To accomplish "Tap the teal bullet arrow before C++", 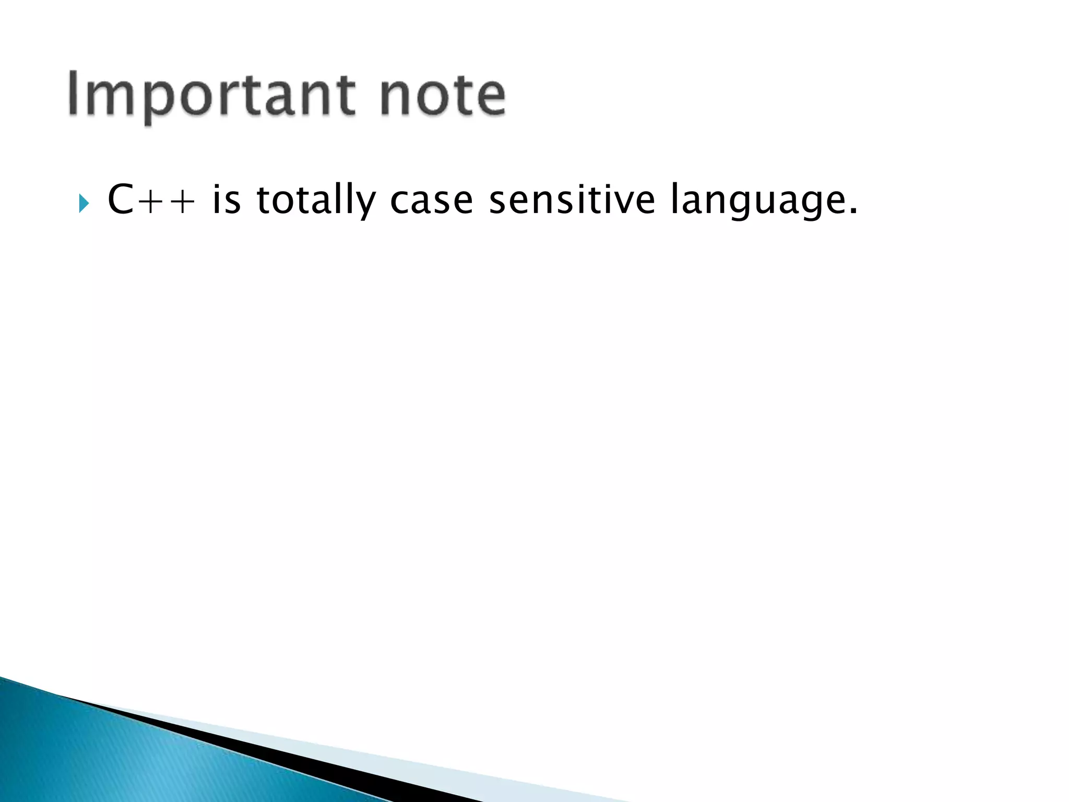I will click(x=84, y=203).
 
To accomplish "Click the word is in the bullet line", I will click(x=227, y=200).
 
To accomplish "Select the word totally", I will click(x=316, y=200).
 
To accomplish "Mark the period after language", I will click(x=853, y=211).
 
